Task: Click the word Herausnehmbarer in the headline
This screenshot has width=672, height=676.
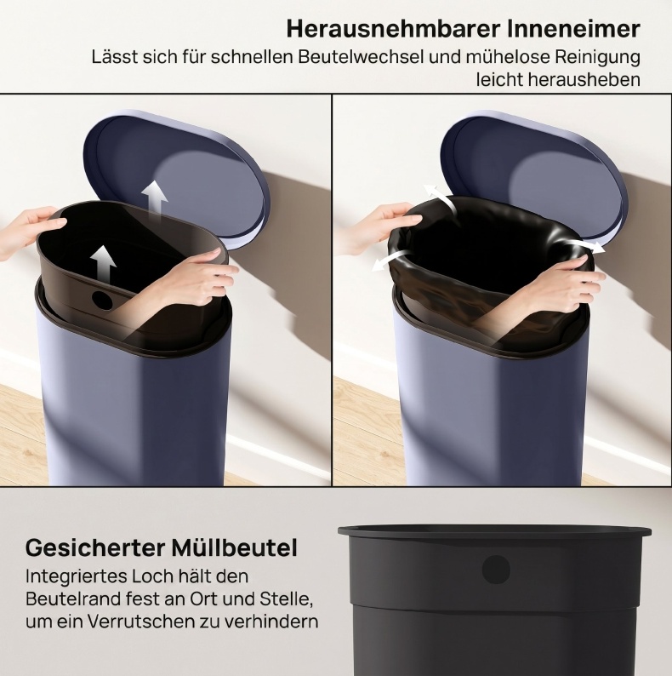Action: [393, 29]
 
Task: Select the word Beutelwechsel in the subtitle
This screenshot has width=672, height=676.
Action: [361, 57]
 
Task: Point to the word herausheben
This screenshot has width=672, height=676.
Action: [558, 80]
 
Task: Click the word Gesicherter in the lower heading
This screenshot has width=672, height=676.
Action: [95, 548]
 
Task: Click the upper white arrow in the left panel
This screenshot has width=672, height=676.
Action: [155, 202]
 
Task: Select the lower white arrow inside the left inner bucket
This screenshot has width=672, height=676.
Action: [104, 265]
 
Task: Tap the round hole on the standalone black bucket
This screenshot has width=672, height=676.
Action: [496, 570]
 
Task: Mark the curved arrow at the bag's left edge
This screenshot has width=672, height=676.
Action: [390, 260]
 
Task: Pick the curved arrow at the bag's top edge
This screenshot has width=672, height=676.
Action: [440, 197]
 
